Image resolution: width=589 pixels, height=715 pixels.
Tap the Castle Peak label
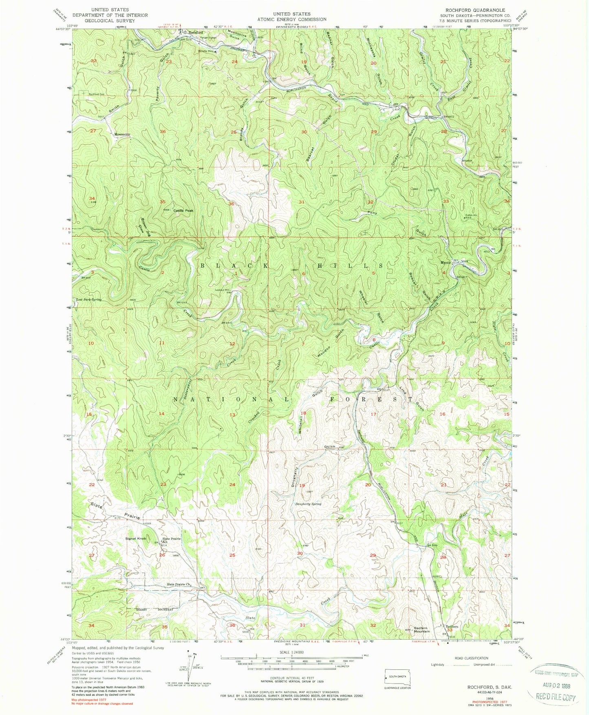tap(183, 211)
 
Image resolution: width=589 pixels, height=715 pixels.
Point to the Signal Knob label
tap(136, 539)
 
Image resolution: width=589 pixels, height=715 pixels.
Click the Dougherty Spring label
tap(308, 504)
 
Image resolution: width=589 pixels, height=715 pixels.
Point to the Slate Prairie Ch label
tap(179, 584)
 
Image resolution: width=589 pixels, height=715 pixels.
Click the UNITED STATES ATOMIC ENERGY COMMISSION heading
tap(291, 16)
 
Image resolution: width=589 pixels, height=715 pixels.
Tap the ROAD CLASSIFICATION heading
tap(471, 658)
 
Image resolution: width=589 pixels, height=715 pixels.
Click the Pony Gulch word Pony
tap(372, 213)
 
